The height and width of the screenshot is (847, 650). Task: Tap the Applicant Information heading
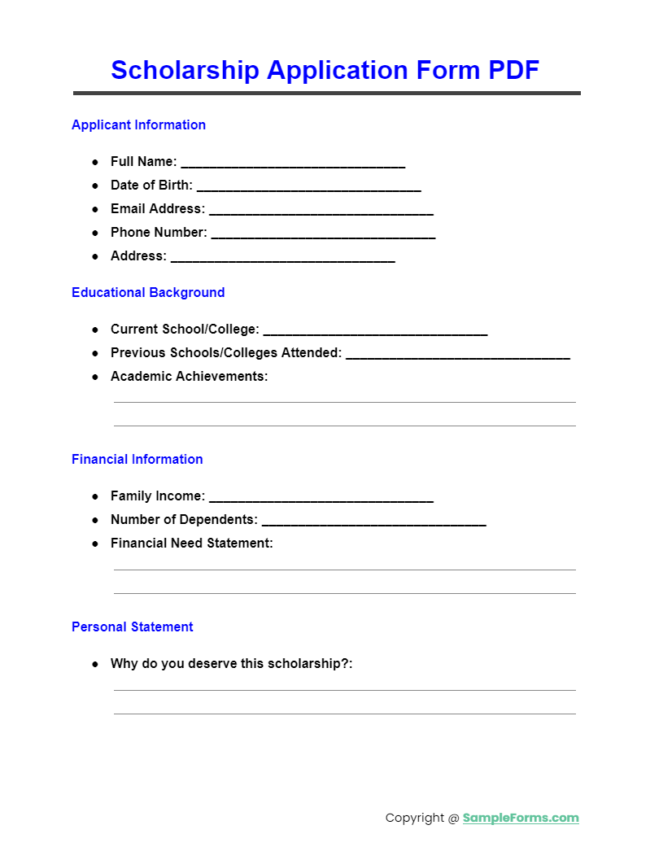(x=138, y=124)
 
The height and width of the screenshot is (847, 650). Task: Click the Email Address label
(x=158, y=209)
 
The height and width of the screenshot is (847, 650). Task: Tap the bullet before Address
(x=94, y=256)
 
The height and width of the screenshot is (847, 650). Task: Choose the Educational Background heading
(x=148, y=292)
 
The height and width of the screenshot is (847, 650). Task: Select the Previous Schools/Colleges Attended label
(x=226, y=353)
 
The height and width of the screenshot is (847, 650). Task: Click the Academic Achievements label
(x=189, y=377)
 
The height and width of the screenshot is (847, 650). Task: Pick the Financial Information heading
(x=137, y=459)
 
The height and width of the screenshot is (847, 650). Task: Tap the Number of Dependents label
(x=184, y=519)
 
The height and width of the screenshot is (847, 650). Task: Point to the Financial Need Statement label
(x=192, y=543)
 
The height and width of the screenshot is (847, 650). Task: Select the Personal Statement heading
(x=133, y=627)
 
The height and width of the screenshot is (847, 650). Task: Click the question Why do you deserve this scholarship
(x=231, y=664)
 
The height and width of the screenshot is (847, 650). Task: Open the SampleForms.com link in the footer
(x=521, y=818)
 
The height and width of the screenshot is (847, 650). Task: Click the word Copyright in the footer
(x=415, y=818)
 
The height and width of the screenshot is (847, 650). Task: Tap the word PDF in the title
(x=513, y=71)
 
